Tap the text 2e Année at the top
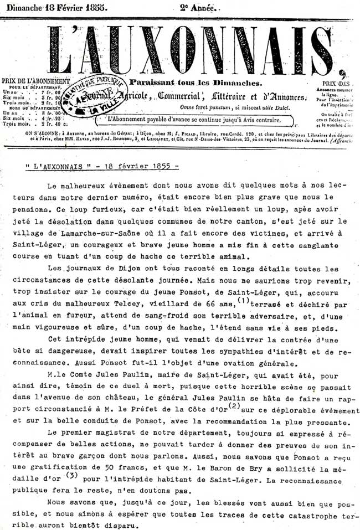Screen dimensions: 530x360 [x=199, y=8]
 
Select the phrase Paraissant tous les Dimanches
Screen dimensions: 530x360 [x=195, y=82]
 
